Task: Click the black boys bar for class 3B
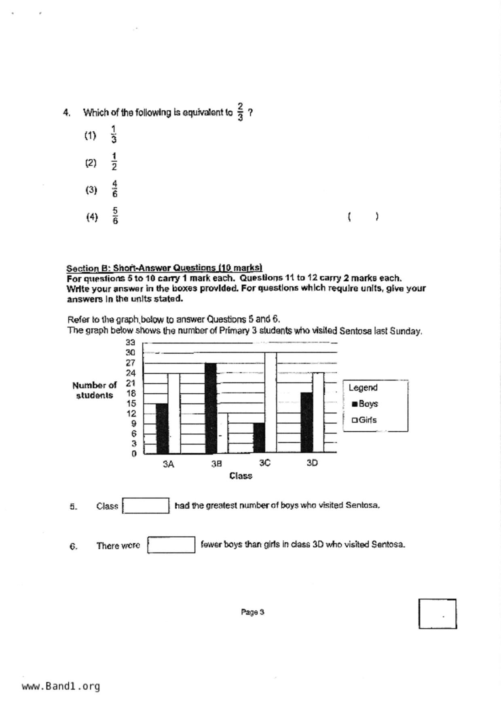(211, 408)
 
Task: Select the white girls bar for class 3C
(271, 403)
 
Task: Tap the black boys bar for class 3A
(162, 428)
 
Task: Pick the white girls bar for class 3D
(318, 412)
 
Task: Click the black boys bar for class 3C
(259, 438)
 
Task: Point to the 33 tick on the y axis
(130, 343)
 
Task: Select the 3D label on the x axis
(312, 463)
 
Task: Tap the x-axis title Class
(241, 476)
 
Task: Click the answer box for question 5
(146, 506)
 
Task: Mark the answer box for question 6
(171, 545)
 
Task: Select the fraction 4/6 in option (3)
(115, 189)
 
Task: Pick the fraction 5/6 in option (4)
(115, 216)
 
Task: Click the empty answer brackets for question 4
(363, 217)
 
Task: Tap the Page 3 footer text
(252, 612)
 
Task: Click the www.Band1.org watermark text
(61, 686)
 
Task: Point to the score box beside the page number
(438, 614)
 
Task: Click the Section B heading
(164, 268)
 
